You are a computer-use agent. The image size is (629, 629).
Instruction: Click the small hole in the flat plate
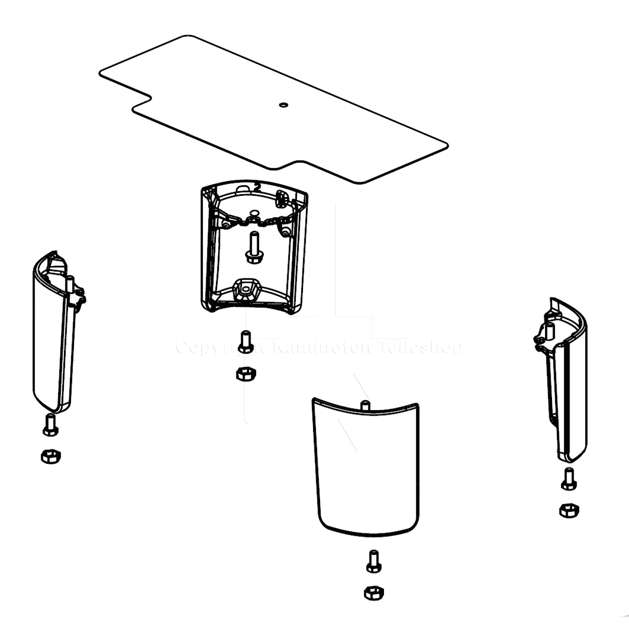(x=283, y=105)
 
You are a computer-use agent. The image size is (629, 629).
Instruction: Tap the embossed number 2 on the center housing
(x=257, y=186)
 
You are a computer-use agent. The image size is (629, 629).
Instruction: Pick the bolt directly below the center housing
(x=246, y=342)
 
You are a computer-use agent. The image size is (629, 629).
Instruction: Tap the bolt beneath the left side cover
(x=50, y=425)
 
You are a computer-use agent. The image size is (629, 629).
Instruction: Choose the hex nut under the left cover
(x=50, y=456)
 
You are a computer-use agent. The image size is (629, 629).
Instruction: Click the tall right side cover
(x=566, y=382)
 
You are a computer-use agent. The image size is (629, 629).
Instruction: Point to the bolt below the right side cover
(x=569, y=479)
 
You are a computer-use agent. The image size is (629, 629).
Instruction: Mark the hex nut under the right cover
(x=569, y=510)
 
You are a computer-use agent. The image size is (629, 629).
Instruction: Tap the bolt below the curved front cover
(x=373, y=561)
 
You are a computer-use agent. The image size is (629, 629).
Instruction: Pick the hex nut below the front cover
(x=373, y=592)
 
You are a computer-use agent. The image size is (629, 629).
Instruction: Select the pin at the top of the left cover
(x=70, y=282)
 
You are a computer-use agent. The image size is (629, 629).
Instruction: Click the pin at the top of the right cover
(x=549, y=330)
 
